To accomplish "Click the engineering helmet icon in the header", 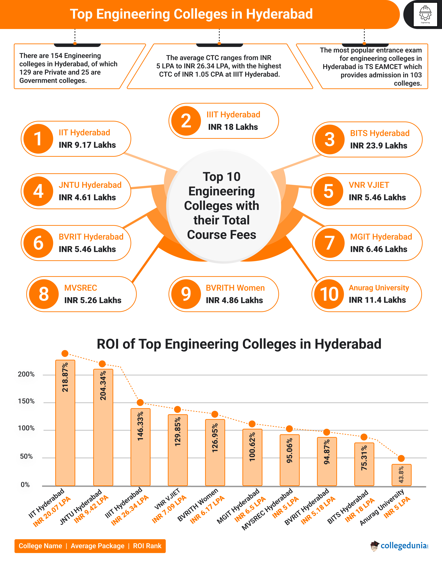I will click(x=425, y=14).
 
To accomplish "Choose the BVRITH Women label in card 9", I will click(x=235, y=288).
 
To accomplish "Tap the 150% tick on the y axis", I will click(x=26, y=401).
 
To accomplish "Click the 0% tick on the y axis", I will click(x=25, y=485).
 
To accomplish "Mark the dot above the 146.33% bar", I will click(x=140, y=402).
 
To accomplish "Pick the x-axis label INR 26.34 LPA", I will click(x=130, y=510).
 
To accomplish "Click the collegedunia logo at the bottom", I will click(x=400, y=546).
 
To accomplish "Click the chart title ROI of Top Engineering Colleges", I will click(x=239, y=344).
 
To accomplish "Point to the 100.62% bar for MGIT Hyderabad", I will click(x=252, y=457).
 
